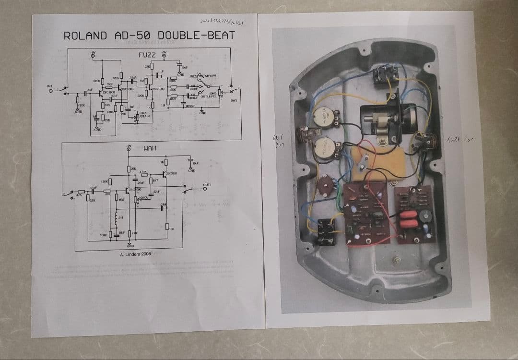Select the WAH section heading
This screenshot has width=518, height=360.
coord(150,148)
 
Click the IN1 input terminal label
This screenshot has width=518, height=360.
coord(49,86)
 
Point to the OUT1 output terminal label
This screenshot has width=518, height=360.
coord(207,184)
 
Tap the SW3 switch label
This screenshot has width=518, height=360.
coord(234,101)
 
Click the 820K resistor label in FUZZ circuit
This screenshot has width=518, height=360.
coord(96,81)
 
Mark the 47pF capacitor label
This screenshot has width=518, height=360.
coord(115,96)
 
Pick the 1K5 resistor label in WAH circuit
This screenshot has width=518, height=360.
coord(121,199)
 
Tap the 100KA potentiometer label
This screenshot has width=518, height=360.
coord(143,197)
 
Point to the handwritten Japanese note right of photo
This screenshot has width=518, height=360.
coord(459,140)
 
